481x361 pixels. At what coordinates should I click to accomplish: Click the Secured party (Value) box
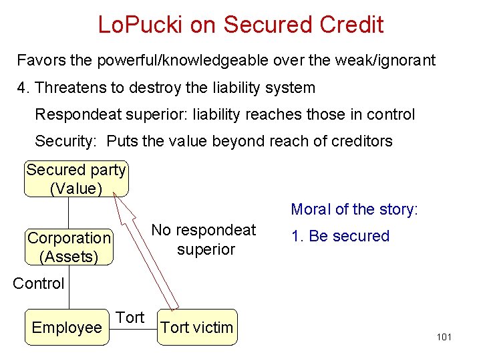[75, 179]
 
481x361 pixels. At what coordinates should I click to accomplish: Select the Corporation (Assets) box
[69, 247]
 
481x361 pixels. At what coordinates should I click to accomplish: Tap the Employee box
[66, 328]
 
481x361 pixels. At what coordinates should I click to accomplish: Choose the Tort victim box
[197, 328]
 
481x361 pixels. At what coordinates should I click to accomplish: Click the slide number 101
[444, 337]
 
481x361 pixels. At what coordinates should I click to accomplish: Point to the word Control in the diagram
[39, 283]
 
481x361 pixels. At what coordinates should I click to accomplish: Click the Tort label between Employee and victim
[130, 318]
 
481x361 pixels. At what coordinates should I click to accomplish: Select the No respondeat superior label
[204, 239]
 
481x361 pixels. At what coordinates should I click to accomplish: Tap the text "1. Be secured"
[341, 236]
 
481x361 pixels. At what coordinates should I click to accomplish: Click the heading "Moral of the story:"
[354, 209]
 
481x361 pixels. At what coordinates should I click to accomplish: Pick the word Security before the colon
[65, 141]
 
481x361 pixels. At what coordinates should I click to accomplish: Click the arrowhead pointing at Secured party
[116, 195]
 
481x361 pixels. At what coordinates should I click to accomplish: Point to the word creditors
[363, 141]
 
